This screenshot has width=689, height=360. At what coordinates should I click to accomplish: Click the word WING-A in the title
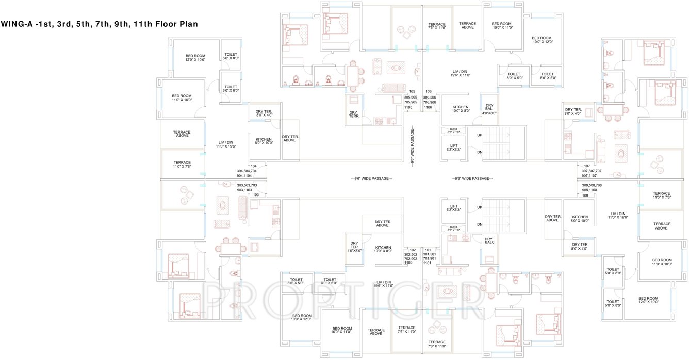[x=18, y=24]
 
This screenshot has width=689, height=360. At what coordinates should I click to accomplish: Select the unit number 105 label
[x=412, y=91]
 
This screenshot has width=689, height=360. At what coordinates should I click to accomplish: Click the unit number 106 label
[x=428, y=91]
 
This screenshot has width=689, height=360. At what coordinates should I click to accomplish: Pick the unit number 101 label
[x=427, y=250]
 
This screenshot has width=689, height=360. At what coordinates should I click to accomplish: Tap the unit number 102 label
[x=412, y=250]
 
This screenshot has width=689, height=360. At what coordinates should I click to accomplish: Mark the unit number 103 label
[x=255, y=195]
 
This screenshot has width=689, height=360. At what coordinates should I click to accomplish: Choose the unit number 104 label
[x=253, y=166]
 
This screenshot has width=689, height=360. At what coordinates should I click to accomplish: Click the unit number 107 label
[x=586, y=166]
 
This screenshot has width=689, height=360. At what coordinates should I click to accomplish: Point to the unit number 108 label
[x=585, y=195]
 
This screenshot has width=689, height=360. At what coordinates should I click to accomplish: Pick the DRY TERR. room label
[x=353, y=114]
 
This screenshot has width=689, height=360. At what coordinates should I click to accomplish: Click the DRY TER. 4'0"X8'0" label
[x=354, y=247]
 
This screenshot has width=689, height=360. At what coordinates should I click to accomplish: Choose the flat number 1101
[x=427, y=263]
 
